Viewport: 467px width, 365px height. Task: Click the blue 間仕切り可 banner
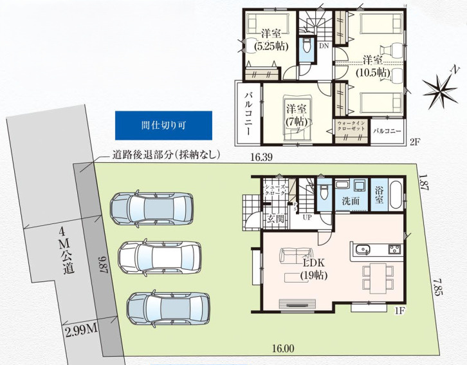point(163,126)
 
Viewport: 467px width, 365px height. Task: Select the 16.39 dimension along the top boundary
point(261,157)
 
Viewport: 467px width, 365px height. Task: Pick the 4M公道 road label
point(68,250)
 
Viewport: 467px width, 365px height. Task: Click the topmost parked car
point(151,208)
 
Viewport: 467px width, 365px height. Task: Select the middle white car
point(160,257)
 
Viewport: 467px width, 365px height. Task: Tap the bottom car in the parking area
point(168,308)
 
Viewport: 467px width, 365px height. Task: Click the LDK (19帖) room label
point(314,269)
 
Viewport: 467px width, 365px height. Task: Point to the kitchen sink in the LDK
point(362,248)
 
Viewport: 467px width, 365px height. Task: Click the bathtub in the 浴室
point(396,194)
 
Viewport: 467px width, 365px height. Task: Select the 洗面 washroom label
point(351,201)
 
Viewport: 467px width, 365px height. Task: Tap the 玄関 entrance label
point(275,219)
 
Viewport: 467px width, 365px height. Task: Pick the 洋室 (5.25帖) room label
point(271,40)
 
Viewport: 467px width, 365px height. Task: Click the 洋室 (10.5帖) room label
point(373,66)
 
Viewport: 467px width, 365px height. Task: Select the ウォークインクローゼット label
point(351,126)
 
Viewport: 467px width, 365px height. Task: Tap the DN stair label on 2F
point(324,46)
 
